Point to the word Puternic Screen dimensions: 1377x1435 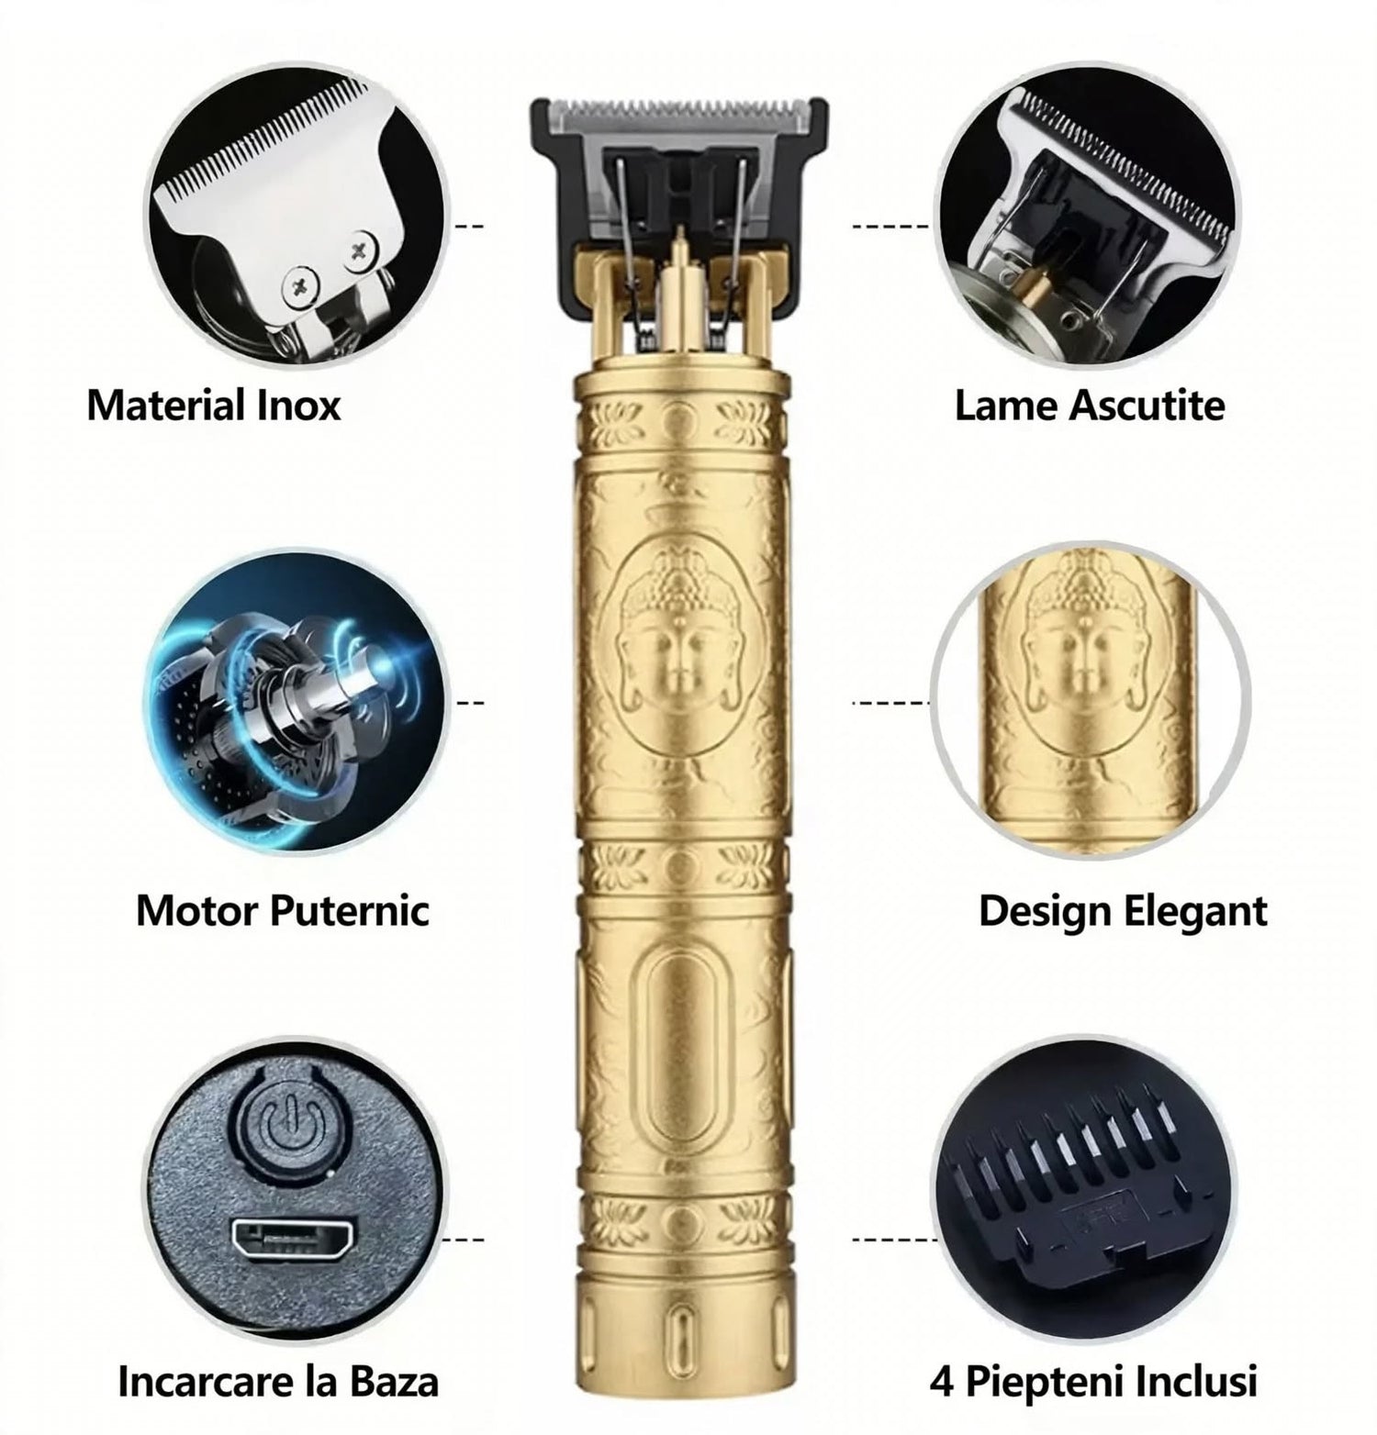[349, 910]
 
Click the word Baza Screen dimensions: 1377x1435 [397, 1381]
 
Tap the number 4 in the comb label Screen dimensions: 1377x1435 [941, 1381]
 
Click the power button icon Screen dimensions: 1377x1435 [284, 1122]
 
